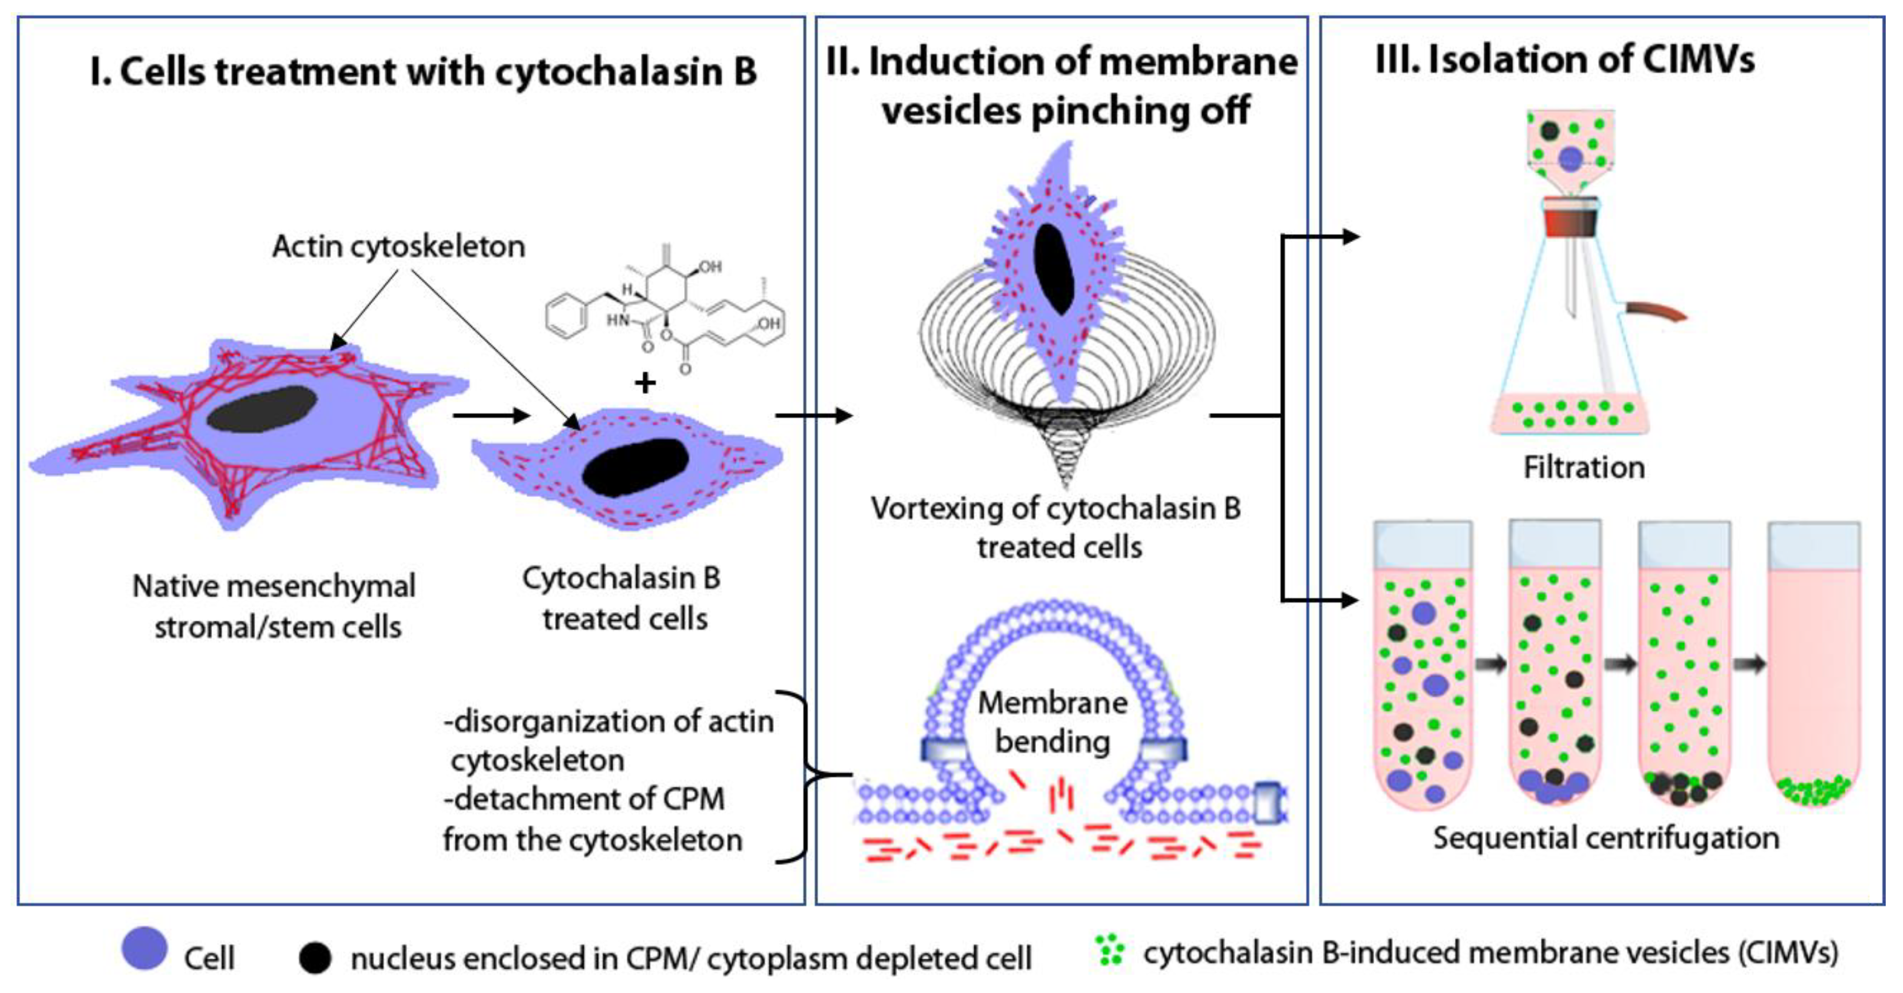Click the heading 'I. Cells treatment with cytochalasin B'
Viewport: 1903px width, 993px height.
coord(423,72)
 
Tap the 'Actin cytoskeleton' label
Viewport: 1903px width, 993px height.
coord(399,247)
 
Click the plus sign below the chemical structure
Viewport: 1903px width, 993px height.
coord(645,382)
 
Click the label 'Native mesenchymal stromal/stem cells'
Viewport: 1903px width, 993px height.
coord(275,606)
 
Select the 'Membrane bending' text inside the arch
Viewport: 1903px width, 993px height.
coord(1053,722)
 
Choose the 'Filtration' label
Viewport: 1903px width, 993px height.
coord(1584,468)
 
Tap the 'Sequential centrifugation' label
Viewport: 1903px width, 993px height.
coord(1605,838)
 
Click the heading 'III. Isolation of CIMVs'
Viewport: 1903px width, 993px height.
coord(1565,59)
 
